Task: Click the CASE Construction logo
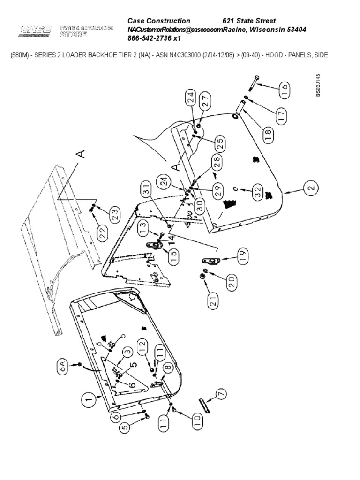(x=35, y=31)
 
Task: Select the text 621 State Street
(x=248, y=21)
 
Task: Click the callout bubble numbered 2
(x=310, y=190)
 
